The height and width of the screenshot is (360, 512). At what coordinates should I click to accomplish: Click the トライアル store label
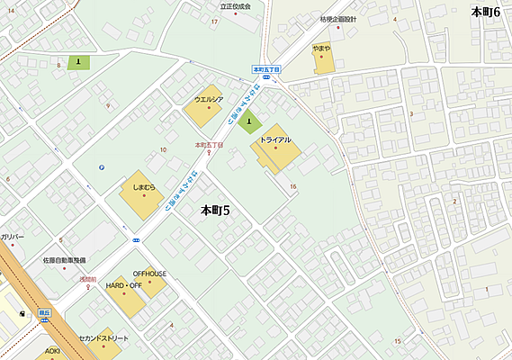point(275,139)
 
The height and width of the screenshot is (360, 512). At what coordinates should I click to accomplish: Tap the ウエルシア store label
point(209,100)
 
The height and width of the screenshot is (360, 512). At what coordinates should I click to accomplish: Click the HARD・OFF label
point(124,285)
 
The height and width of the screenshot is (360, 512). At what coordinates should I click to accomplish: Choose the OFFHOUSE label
point(149,273)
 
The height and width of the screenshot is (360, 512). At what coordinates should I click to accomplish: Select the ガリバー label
point(13,236)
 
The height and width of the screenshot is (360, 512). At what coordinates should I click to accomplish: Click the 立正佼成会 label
point(236,5)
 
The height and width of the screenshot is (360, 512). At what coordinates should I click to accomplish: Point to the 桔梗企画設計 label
point(337,18)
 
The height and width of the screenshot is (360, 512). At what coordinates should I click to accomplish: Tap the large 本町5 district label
point(215,211)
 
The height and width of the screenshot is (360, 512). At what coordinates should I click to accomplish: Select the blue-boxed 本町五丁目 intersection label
point(266,68)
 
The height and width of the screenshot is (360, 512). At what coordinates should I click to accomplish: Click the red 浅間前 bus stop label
point(84,280)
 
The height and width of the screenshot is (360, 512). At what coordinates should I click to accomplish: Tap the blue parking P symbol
point(102,166)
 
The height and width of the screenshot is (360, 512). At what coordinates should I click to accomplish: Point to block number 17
point(214,21)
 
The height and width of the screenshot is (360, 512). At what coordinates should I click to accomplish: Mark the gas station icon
point(22,315)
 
